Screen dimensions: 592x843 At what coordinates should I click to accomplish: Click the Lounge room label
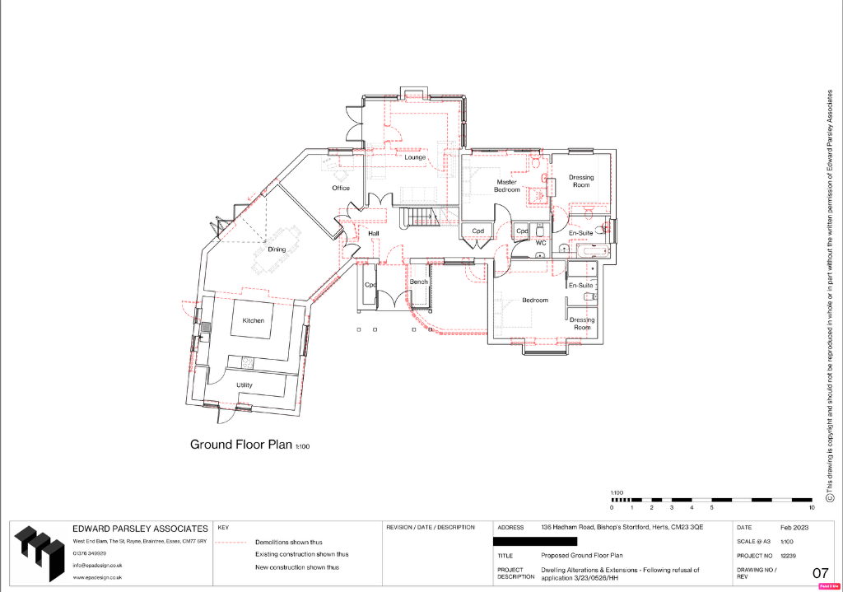[415, 156]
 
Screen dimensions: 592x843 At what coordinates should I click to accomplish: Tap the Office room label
[341, 188]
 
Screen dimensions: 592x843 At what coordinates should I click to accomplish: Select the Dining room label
[277, 249]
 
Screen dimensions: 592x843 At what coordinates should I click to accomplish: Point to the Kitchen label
[253, 320]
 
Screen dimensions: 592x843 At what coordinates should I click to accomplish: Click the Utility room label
[245, 385]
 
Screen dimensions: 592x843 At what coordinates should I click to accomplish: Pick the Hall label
[374, 234]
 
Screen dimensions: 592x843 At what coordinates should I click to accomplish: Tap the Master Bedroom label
[507, 186]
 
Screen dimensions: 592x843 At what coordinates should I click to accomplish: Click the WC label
[541, 244]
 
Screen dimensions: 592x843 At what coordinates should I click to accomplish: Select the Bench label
[419, 282]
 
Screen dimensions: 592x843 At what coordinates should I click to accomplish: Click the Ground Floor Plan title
[241, 445]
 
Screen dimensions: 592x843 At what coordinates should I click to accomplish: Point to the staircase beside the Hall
[421, 217]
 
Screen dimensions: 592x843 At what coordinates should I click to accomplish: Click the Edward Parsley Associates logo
[38, 553]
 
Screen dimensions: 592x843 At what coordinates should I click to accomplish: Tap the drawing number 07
[820, 573]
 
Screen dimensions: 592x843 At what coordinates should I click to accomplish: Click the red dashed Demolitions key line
[231, 543]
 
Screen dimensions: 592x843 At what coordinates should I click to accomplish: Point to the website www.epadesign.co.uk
[97, 577]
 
